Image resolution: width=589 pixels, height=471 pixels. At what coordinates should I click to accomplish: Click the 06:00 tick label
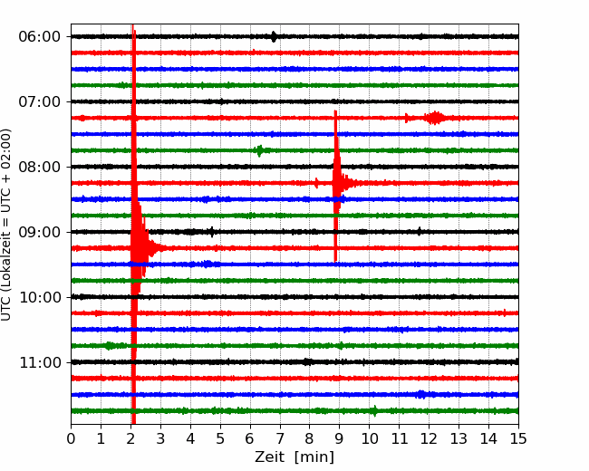40,37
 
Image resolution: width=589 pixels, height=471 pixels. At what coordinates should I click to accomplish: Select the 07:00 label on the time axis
40,101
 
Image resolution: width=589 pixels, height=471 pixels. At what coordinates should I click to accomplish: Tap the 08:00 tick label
40,167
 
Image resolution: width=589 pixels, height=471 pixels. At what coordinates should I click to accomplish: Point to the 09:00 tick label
40,232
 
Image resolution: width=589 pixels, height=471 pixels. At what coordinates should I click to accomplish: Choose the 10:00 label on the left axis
40,297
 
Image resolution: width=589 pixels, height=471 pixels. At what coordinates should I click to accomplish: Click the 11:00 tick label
40,362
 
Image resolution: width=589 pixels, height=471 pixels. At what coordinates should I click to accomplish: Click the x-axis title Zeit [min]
294,457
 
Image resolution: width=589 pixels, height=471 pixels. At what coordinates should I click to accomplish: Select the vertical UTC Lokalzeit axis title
6,225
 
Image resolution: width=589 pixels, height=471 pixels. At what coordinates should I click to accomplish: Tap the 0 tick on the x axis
71,438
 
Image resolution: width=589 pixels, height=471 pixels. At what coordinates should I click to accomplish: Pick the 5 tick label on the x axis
220,438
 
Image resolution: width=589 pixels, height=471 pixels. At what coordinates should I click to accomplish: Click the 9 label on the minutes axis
339,438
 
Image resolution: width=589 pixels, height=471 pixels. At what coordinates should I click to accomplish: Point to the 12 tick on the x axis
429,438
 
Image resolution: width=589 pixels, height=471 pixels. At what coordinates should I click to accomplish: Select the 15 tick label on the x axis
518,438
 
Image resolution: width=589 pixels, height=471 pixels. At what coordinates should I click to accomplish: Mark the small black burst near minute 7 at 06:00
274,36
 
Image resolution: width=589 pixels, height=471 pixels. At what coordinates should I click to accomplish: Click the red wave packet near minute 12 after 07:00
435,118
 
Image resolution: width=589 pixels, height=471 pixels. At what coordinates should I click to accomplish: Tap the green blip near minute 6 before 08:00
259,150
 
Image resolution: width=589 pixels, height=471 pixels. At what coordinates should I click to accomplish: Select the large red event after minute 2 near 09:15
140,248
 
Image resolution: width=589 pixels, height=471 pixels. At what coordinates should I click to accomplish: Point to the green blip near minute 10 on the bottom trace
374,411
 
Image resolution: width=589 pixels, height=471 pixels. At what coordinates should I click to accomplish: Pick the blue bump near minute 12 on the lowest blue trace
421,394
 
